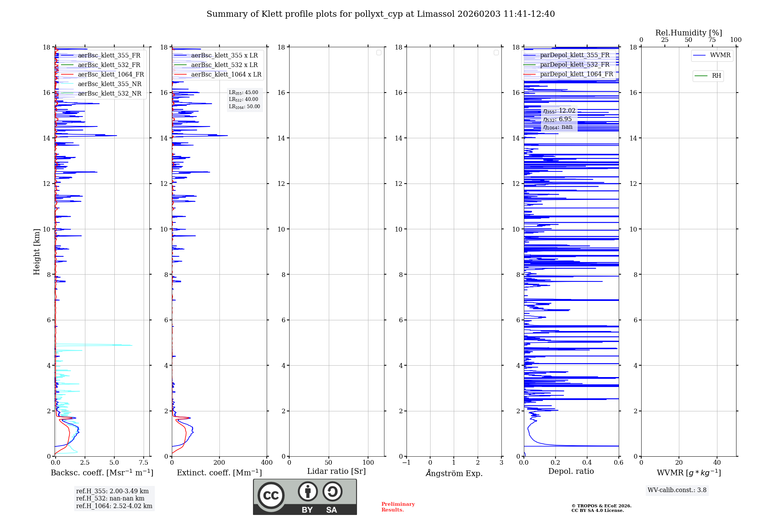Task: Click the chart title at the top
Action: click(x=380, y=14)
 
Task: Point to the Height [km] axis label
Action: click(x=37, y=251)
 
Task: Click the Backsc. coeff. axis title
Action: click(x=102, y=473)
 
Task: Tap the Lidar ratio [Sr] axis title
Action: click(x=336, y=471)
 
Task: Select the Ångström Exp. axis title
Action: click(x=454, y=473)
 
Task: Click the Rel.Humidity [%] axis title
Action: click(x=688, y=33)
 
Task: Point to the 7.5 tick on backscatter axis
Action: click(x=143, y=462)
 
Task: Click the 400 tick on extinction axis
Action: click(x=267, y=462)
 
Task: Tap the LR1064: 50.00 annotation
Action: click(x=244, y=107)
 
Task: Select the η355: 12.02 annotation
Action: click(x=559, y=111)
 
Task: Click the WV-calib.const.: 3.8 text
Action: click(x=677, y=490)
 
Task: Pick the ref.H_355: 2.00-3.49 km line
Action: click(x=112, y=491)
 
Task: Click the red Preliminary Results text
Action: click(x=398, y=507)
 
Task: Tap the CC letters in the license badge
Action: click(x=271, y=495)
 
